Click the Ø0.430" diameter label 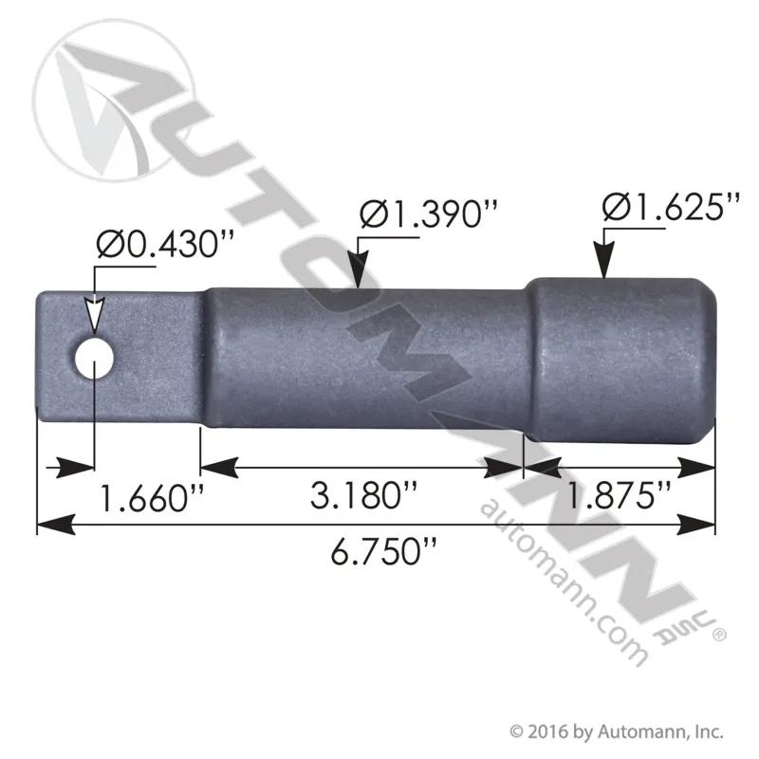click(x=165, y=244)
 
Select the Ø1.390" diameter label click(x=429, y=213)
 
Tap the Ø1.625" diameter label click(x=672, y=207)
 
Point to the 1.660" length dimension click(x=151, y=498)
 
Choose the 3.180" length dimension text click(x=363, y=495)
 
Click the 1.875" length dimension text click(x=618, y=495)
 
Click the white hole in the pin click(x=94, y=360)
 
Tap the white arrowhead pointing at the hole click(x=94, y=316)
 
